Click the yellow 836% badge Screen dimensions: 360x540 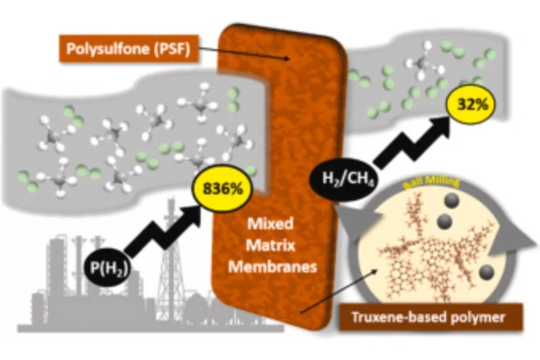tap(222, 188)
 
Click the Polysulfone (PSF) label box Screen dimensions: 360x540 tap(128, 49)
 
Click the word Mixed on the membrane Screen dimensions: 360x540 tap(270, 224)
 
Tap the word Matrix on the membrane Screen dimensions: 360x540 tap(270, 246)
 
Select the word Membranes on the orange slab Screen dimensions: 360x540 tap(273, 267)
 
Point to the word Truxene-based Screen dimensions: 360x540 tap(398, 317)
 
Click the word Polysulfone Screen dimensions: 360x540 tap(108, 49)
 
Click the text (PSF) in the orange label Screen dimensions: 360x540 tap(171, 49)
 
